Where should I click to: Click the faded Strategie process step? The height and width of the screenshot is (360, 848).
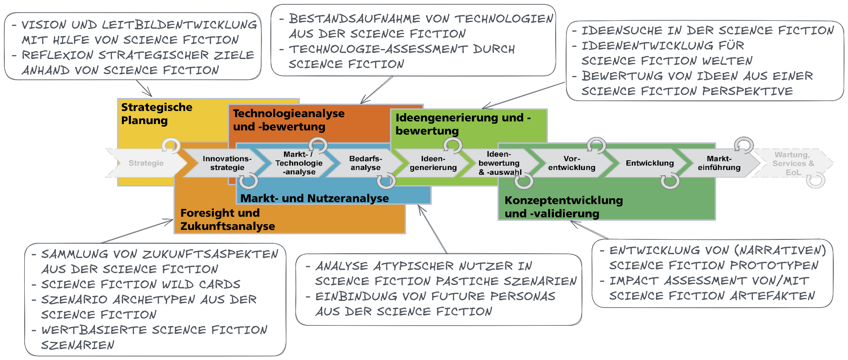(x=146, y=163)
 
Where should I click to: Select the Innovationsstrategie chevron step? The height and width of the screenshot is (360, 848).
(x=227, y=163)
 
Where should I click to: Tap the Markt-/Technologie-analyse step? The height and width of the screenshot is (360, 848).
(x=298, y=163)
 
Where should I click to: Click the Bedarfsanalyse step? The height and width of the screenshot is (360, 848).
(x=365, y=163)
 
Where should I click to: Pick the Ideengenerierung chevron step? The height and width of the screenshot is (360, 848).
(x=433, y=163)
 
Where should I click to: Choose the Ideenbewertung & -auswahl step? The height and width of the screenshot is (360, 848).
(x=499, y=163)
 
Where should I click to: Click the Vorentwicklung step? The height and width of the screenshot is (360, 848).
(x=571, y=163)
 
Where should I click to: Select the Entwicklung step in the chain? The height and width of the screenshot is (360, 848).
(x=649, y=163)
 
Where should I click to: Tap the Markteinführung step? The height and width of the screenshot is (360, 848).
(x=719, y=163)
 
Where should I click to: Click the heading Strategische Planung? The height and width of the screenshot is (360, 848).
(x=156, y=114)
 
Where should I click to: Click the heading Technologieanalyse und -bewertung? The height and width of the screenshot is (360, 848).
(x=288, y=120)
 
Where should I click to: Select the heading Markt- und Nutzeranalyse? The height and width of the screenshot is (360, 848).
(x=314, y=198)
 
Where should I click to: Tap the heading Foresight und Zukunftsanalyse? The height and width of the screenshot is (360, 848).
(x=227, y=219)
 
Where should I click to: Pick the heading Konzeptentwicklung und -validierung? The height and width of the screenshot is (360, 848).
(x=563, y=207)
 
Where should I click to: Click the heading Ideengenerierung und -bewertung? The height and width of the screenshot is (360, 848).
(x=462, y=124)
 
